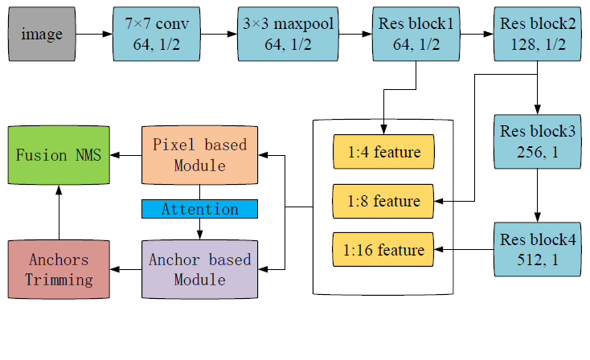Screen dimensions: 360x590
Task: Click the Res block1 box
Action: pyautogui.click(x=414, y=35)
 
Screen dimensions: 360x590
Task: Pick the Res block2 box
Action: pyautogui.click(x=537, y=35)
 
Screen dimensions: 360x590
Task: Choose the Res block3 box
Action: pyautogui.click(x=537, y=141)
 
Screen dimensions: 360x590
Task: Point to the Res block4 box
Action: pyautogui.click(x=537, y=249)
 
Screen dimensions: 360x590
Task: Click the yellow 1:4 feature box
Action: pyautogui.click(x=383, y=152)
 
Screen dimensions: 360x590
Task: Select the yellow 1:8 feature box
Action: pyautogui.click(x=383, y=201)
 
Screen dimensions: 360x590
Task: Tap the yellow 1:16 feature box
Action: pyautogui.click(x=383, y=250)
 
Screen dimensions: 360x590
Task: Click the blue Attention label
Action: pyautogui.click(x=199, y=209)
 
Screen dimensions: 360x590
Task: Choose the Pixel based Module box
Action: pyautogui.click(x=199, y=154)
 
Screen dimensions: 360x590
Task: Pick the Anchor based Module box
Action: pyautogui.click(x=199, y=269)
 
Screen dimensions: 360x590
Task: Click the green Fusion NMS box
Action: pyautogui.click(x=58, y=154)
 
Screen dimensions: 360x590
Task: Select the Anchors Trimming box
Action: pyautogui.click(x=58, y=269)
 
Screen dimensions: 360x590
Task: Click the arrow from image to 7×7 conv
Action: pyautogui.click(x=96, y=35)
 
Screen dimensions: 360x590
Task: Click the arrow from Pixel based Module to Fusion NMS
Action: pyautogui.click(x=125, y=154)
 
